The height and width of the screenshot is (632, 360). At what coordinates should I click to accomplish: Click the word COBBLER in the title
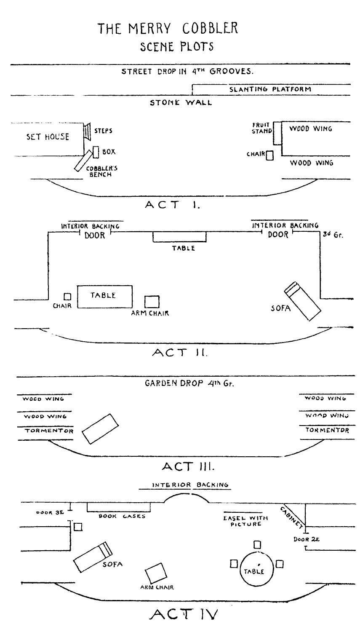(x=210, y=28)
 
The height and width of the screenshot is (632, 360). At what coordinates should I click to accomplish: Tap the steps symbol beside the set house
(x=88, y=131)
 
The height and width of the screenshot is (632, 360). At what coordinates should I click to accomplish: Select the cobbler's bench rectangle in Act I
(x=83, y=161)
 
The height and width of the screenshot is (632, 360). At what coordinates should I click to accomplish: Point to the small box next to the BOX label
(x=96, y=153)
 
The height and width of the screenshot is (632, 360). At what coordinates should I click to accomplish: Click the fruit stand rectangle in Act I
(x=277, y=133)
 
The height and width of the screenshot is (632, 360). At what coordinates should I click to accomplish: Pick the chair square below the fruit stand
(x=270, y=155)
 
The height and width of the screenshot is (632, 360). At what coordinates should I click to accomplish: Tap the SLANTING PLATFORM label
(x=270, y=89)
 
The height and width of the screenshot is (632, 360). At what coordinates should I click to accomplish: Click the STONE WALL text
(x=181, y=102)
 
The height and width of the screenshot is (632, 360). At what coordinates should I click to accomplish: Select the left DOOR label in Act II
(x=95, y=235)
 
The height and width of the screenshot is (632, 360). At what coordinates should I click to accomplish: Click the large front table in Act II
(x=105, y=297)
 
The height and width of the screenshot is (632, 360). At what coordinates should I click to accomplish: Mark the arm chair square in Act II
(x=152, y=302)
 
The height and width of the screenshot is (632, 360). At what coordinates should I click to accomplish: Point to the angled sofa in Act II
(x=302, y=301)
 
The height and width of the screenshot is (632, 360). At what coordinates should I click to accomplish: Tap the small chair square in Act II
(x=67, y=297)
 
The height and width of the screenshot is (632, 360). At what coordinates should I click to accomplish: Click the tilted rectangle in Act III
(x=100, y=429)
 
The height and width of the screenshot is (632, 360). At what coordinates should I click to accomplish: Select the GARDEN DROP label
(x=174, y=383)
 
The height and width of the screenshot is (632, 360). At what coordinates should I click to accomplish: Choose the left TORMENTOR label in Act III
(x=49, y=431)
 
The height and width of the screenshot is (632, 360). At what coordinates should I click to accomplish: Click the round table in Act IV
(x=256, y=569)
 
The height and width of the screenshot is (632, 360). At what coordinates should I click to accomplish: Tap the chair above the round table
(x=257, y=544)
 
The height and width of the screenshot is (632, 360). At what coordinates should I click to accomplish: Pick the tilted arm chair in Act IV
(x=156, y=573)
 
